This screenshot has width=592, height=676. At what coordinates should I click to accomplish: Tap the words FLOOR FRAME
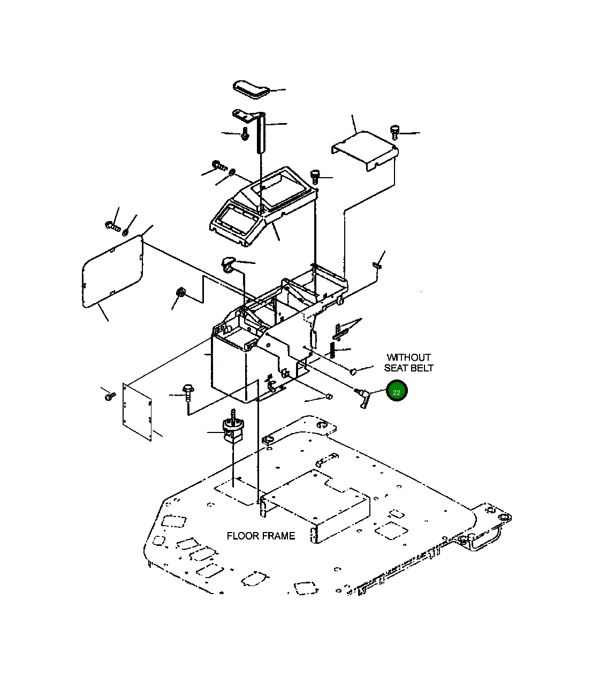pos(261,536)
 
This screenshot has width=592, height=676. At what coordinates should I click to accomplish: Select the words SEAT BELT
pos(408,368)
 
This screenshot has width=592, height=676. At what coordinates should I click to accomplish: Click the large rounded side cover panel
pos(112,271)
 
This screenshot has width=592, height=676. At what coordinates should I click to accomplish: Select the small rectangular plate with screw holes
pos(137,412)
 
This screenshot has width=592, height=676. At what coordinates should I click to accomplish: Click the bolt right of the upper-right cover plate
pos(394,132)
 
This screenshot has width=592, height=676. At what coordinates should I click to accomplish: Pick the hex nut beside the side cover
pos(180,292)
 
